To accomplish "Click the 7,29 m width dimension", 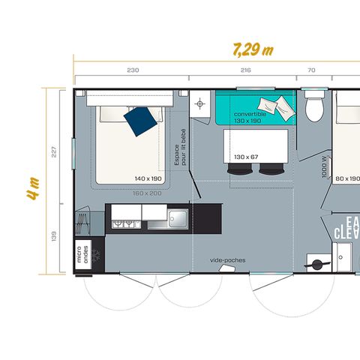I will [250, 49].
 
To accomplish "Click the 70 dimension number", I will [311, 70].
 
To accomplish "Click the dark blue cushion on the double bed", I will [141, 120].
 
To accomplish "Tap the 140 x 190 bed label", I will [148, 178].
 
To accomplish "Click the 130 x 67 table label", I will [245, 156].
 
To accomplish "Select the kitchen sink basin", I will [178, 218].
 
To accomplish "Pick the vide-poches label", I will [227, 260].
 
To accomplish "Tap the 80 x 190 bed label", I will [347, 178].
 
